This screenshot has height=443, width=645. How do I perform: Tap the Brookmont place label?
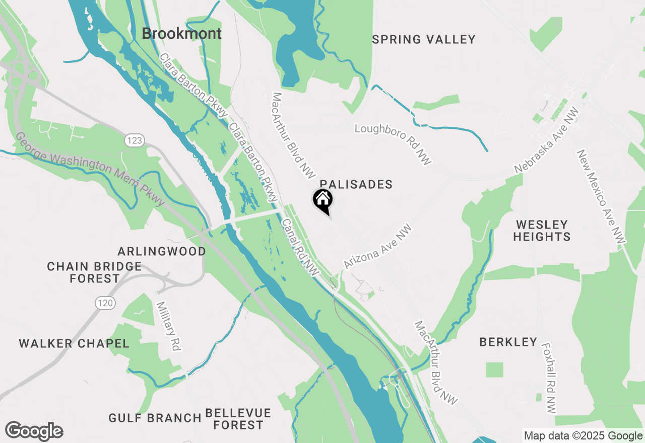(x=181, y=34)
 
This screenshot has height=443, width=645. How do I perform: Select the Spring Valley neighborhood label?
(x=424, y=39)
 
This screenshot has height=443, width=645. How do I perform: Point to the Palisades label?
(x=356, y=184)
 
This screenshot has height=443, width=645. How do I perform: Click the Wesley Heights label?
(x=542, y=230)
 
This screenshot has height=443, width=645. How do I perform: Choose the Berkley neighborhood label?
(x=508, y=342)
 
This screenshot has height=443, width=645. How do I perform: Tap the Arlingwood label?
(x=162, y=251)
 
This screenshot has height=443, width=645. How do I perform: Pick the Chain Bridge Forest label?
(x=95, y=272)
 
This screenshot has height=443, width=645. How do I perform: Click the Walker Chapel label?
(x=74, y=344)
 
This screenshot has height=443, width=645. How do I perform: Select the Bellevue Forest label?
(x=238, y=419)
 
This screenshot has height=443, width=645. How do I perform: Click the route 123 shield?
(x=135, y=140)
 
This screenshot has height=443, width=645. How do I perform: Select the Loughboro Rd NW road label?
(x=394, y=144)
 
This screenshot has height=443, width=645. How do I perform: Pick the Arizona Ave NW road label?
(x=378, y=247)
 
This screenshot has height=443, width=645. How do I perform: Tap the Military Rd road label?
(x=169, y=326)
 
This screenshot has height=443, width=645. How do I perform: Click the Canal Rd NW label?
(x=300, y=247)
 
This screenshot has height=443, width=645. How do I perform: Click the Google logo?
(x=34, y=431)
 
